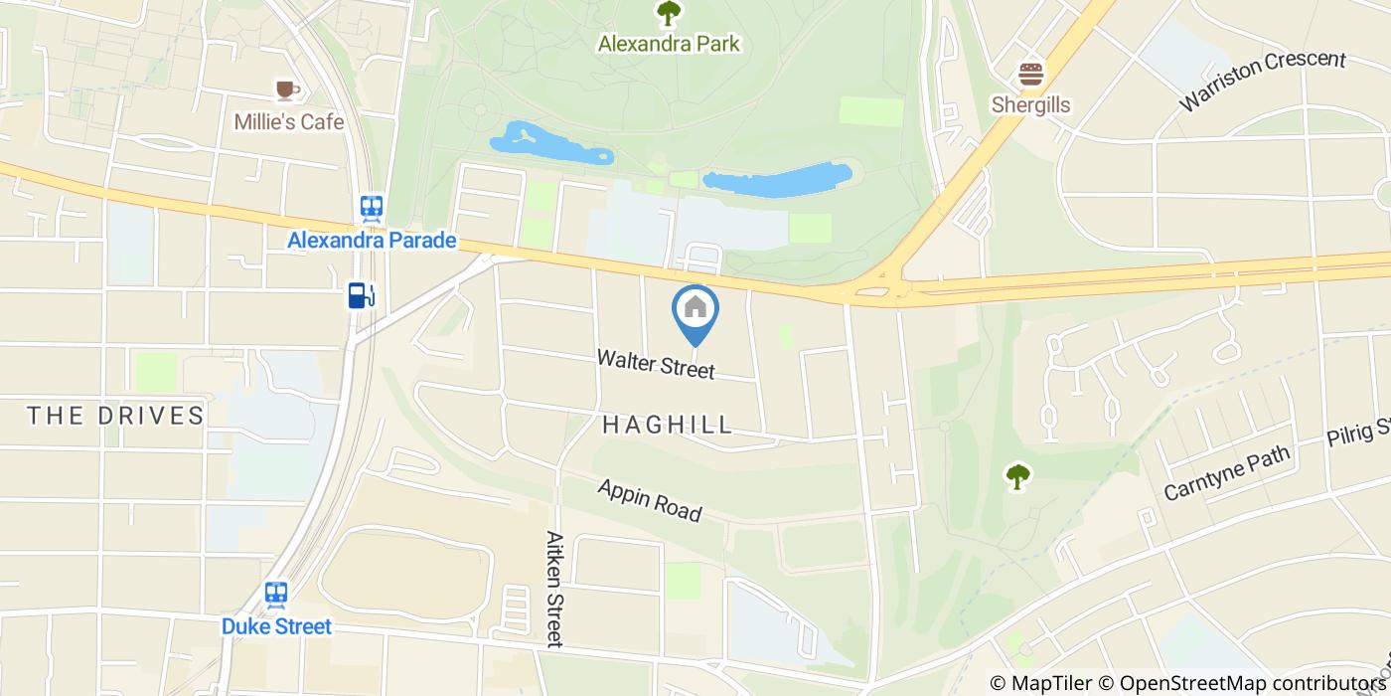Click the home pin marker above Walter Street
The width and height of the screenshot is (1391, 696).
pos(695,309)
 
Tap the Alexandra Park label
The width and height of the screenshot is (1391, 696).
pos(669,44)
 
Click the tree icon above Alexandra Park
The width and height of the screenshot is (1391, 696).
pos(669,14)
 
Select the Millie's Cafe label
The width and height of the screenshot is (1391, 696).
pos(289,121)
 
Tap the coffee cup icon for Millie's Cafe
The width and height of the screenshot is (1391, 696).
pos(287,90)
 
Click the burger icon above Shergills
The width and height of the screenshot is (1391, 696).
pos(1031,75)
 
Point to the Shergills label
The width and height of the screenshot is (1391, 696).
pos(1031,104)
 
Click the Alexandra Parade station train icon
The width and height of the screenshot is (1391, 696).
pos(372,207)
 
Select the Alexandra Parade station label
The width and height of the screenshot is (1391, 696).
pos(372,241)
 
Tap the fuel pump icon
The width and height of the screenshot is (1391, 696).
pos(361,295)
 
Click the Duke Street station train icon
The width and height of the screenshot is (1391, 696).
pos(276,594)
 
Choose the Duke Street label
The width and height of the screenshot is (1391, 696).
pos(276,626)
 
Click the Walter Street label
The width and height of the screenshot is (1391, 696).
pos(656,364)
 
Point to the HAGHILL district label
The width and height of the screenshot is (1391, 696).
pos(668,425)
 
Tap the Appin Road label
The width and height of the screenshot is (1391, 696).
pos(650,500)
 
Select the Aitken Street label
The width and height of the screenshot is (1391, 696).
pos(554,589)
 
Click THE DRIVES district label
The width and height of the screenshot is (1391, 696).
pos(115,415)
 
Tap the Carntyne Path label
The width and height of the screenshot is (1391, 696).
pos(1227,473)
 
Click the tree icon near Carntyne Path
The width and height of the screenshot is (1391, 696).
pos(1017,476)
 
